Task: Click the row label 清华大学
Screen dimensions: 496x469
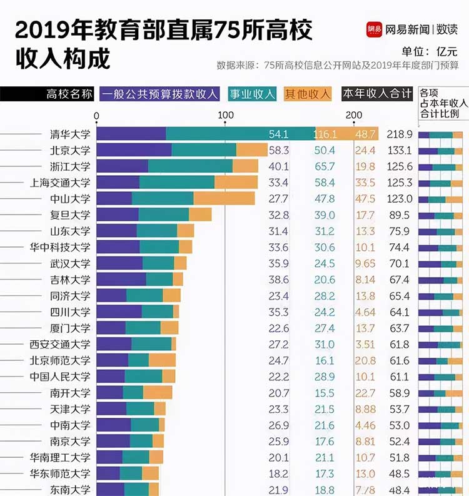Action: click(x=70, y=134)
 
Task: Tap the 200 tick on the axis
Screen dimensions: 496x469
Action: click(x=354, y=115)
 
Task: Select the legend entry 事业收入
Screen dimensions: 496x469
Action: click(x=253, y=94)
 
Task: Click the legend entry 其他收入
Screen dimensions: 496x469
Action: click(x=307, y=94)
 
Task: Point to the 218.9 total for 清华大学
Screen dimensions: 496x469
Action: click(x=400, y=134)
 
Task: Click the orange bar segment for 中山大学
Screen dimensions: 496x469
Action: click(x=224, y=199)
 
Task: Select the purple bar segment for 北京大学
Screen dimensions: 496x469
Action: click(x=134, y=150)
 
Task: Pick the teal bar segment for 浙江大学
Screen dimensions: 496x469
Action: click(x=190, y=166)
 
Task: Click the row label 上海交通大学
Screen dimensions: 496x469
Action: click(x=60, y=183)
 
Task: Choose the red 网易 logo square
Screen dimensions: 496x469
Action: click(x=374, y=29)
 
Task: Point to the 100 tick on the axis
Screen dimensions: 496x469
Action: click(x=226, y=115)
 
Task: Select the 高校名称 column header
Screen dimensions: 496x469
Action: click(x=69, y=94)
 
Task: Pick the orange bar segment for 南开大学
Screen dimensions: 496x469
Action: click(x=158, y=393)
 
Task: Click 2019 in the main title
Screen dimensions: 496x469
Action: click(x=42, y=31)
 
